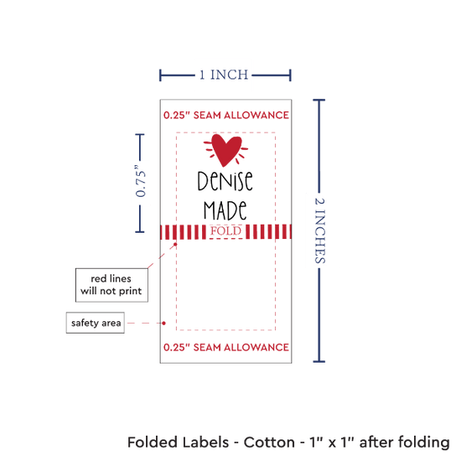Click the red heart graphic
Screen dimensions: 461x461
[x=225, y=150]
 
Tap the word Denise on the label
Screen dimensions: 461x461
[x=225, y=180]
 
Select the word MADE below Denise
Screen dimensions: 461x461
[x=225, y=210]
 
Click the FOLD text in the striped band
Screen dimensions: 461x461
[x=225, y=231]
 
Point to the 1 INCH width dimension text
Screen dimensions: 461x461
[x=224, y=75]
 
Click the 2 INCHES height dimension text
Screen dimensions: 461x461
[x=319, y=230]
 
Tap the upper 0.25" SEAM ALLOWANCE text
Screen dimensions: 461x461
[x=225, y=115]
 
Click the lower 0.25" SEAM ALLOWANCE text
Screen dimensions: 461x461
[x=225, y=347]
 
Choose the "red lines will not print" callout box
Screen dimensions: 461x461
[x=111, y=285]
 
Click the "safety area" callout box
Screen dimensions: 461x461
[x=96, y=323]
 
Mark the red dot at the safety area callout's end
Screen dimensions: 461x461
[x=163, y=323]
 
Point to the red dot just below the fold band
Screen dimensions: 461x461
[x=175, y=244]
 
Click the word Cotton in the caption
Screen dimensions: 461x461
[x=269, y=443]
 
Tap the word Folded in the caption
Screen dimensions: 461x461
[x=152, y=443]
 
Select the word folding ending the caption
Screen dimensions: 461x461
[x=424, y=443]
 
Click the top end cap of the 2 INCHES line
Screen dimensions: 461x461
[x=319, y=101]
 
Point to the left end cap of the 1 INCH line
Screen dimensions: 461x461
[x=160, y=75]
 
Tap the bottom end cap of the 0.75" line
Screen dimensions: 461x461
[x=140, y=232]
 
